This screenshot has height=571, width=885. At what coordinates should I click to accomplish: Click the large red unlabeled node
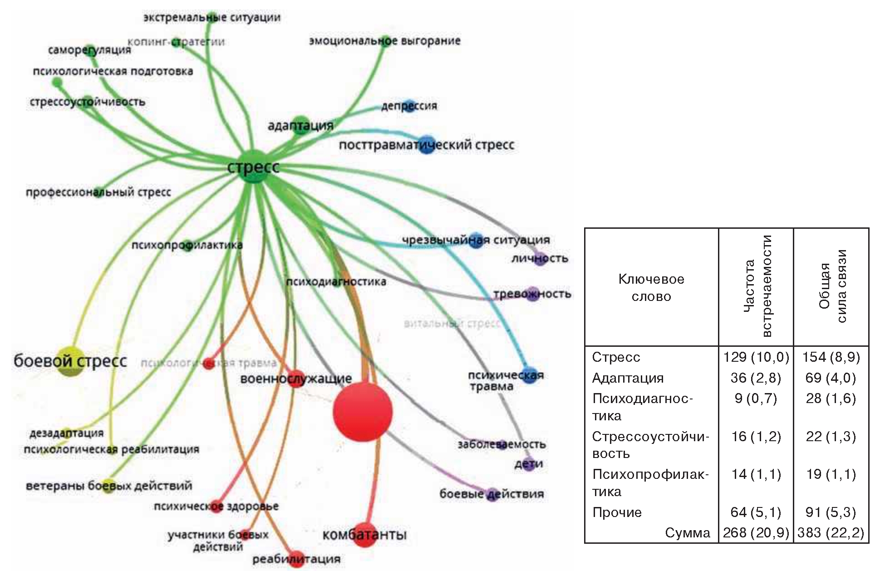[x=363, y=412]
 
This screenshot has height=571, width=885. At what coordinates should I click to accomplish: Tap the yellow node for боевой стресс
[x=71, y=360]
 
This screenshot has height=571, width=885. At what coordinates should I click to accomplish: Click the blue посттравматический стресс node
[x=426, y=145]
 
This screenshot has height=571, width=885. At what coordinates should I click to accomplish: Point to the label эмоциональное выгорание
[x=384, y=41]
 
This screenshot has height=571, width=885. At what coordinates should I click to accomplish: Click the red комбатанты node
[x=364, y=535]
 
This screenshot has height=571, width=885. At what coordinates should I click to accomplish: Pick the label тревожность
[x=532, y=294]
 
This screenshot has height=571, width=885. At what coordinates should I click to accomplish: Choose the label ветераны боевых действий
[x=109, y=486]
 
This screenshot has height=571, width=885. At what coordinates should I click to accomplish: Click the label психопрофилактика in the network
[x=187, y=246]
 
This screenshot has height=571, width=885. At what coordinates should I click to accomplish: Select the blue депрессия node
[x=409, y=106]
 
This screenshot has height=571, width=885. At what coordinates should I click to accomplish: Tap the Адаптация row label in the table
[x=628, y=378]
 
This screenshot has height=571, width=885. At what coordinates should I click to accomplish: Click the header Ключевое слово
[x=651, y=287]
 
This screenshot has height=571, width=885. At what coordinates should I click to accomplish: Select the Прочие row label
[x=617, y=512]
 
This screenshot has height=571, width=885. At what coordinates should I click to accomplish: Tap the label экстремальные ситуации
[x=212, y=18]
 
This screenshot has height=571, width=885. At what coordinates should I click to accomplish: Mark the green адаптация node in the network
[x=300, y=125]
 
